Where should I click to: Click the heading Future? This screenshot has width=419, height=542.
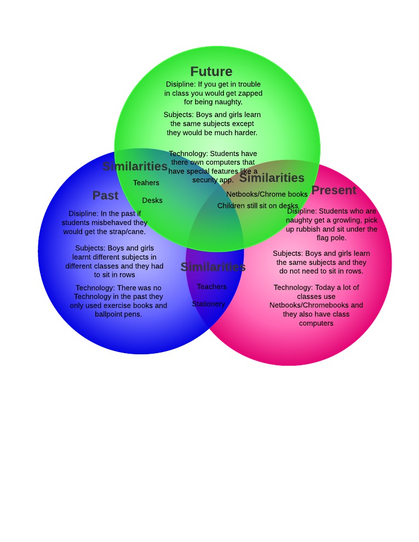click(x=211, y=72)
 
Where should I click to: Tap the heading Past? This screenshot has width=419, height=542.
click(x=105, y=195)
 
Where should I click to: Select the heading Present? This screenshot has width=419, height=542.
click(x=334, y=191)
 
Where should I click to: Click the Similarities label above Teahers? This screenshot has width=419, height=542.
click(x=135, y=166)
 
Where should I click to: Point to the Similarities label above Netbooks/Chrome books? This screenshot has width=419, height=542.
click(x=272, y=178)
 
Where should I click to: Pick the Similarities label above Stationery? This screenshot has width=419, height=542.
click(x=213, y=267)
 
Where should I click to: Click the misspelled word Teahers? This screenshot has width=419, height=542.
click(x=146, y=183)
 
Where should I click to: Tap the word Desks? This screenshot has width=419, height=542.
click(x=152, y=200)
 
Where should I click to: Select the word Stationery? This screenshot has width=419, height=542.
click(x=208, y=304)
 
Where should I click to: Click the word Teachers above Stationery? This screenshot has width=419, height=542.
click(x=211, y=287)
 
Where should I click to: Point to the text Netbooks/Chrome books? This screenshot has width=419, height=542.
click(x=267, y=194)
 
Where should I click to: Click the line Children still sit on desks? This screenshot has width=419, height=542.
click(x=257, y=206)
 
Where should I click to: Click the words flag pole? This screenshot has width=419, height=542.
click(x=331, y=238)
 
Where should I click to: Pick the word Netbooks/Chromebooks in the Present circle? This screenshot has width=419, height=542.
click(x=316, y=305)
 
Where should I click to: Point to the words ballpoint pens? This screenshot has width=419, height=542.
click(x=118, y=314)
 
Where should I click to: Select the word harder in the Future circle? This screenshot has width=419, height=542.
click(x=245, y=132)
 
